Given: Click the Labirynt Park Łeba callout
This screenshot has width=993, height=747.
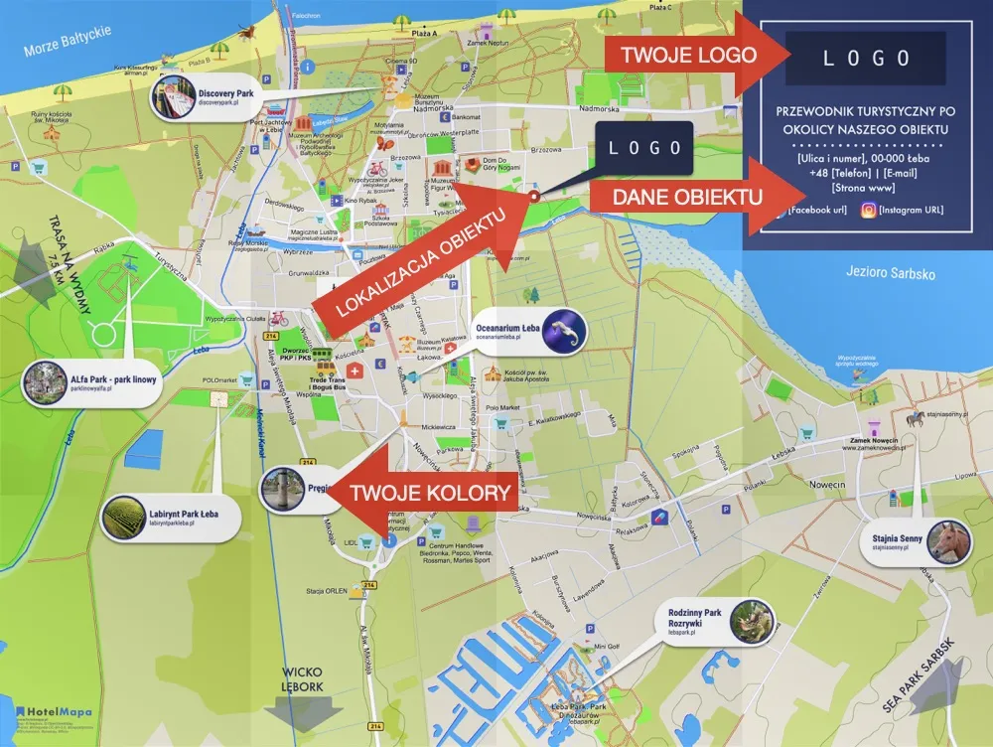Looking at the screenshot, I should [184, 518].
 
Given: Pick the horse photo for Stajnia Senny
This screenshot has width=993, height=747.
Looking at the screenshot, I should [948, 541].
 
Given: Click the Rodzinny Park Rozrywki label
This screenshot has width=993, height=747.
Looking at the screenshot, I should [695, 621].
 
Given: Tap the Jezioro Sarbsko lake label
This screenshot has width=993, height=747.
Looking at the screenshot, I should [893, 273].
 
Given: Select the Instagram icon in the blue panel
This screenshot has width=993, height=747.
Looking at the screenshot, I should [868, 210].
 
